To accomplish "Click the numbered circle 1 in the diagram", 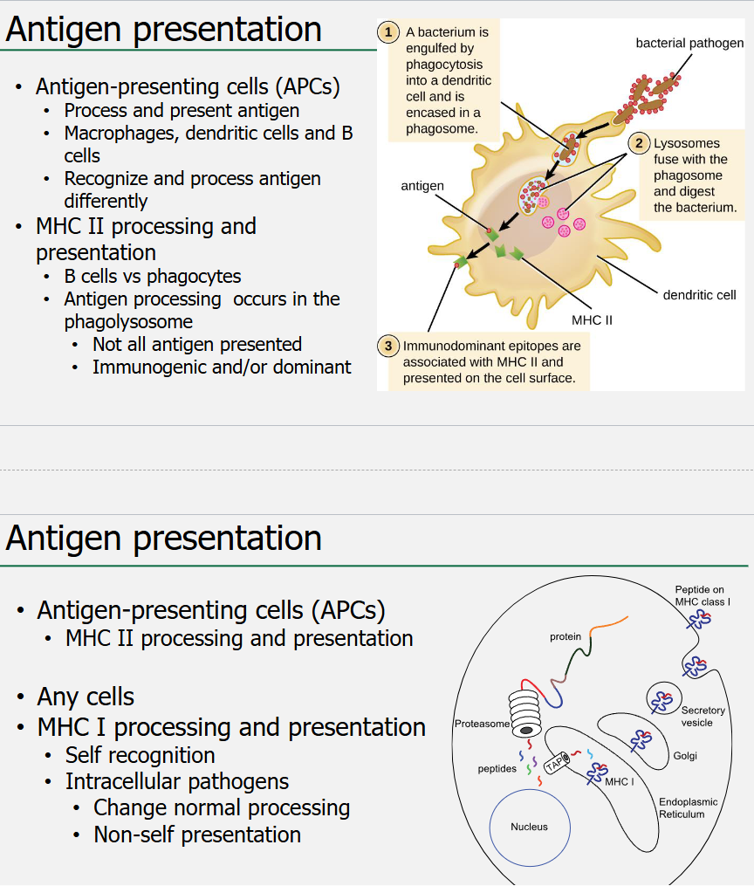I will click(x=388, y=32).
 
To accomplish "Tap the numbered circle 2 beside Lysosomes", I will click(x=639, y=143).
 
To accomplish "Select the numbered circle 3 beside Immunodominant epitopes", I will click(x=387, y=346).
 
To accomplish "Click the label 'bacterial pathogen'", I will click(x=689, y=43).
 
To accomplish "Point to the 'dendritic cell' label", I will click(x=699, y=295).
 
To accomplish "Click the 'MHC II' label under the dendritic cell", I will click(x=592, y=320).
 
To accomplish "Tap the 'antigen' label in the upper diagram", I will click(x=422, y=186).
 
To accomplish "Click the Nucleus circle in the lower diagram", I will click(x=529, y=827).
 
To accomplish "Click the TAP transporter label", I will click(x=556, y=764).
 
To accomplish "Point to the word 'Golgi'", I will click(x=685, y=756).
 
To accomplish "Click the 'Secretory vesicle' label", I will click(x=703, y=717).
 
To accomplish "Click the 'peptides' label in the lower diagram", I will click(x=497, y=769).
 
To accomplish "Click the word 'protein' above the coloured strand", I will click(x=565, y=637).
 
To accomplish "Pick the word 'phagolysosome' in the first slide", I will click(x=128, y=321).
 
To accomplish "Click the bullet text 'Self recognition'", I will click(x=141, y=755).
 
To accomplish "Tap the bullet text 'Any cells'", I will click(x=86, y=697).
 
